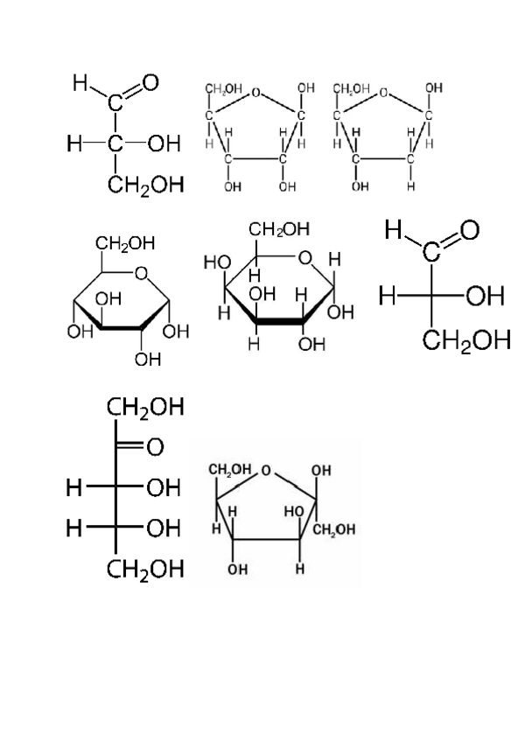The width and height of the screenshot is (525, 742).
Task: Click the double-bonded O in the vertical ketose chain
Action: click(155, 447)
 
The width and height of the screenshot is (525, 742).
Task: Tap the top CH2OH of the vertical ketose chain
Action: click(145, 408)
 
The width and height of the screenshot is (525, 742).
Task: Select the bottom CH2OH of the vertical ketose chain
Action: click(145, 570)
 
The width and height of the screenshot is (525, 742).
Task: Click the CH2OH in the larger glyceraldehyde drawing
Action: click(466, 339)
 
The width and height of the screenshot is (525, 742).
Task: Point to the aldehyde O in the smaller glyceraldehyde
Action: click(150, 83)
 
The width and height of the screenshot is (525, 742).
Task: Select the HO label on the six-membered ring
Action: click(216, 262)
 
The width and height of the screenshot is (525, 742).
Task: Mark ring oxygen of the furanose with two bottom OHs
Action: click(255, 90)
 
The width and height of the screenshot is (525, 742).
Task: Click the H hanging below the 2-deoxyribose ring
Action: click(411, 186)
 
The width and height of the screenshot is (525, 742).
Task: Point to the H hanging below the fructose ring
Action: click(300, 570)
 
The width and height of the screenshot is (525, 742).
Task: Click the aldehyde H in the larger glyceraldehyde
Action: click(393, 230)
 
